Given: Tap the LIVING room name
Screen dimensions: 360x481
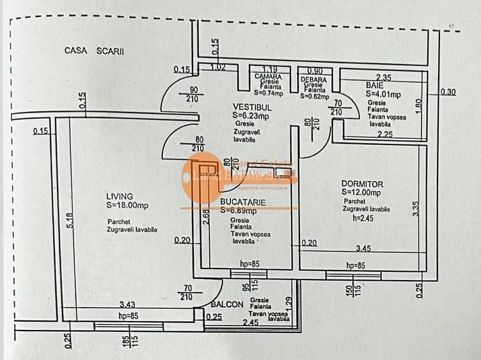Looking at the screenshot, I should tap(120, 196).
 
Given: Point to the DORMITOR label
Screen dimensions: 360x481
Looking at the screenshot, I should tap(362, 184).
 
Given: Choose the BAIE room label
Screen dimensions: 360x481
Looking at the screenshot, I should tap(374, 85).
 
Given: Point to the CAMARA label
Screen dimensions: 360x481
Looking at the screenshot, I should tap(268, 77).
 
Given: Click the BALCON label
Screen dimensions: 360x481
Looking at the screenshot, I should tap(227, 305).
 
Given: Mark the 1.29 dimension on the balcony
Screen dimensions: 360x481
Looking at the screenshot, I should tap(288, 304).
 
